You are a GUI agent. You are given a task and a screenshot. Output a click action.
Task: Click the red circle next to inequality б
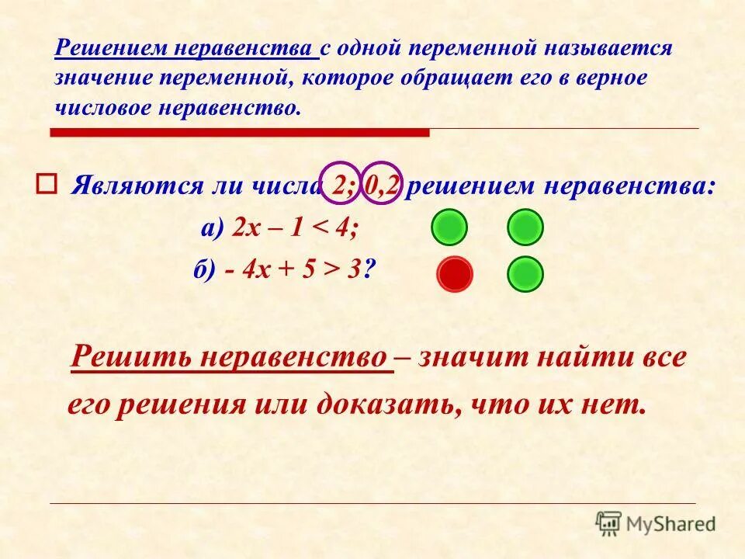point(455,274)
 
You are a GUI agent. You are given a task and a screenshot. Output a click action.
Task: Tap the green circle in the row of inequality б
point(525,274)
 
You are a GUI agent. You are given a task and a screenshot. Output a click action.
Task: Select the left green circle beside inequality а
point(449,227)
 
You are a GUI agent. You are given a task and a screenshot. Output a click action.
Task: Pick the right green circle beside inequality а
point(525,227)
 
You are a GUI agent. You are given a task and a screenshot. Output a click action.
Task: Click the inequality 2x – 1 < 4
point(291,228)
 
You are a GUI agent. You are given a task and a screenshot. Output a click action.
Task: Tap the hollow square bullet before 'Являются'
point(44,184)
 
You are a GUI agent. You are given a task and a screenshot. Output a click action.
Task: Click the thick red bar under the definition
point(240,133)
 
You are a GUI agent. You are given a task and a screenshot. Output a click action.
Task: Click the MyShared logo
point(655,523)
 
